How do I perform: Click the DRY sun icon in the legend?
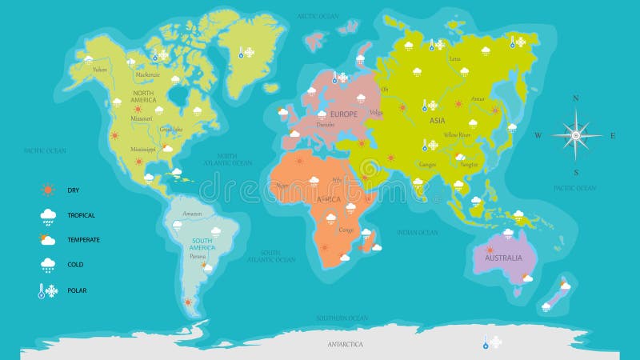tap(48, 190)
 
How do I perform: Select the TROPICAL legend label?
tap(81, 214)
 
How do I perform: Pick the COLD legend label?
tap(74, 264)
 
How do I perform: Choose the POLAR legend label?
tap(77, 290)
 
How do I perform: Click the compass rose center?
tap(575, 135)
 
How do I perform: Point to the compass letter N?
tap(575, 98)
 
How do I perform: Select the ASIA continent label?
tap(437, 121)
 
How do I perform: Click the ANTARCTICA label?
tap(346, 344)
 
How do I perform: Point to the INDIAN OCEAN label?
tap(417, 233)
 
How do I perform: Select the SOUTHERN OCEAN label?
tap(342, 318)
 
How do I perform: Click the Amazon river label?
tap(192, 214)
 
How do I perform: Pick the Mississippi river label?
tap(143, 149)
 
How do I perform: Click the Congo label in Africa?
tap(346, 230)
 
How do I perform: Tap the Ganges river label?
tap(426, 165)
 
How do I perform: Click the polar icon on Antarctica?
tap(491, 342)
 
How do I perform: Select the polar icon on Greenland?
tap(246, 53)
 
